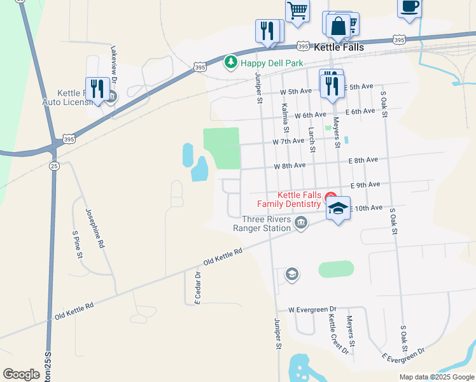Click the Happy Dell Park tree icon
coord(230,62)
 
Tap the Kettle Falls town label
coord(339,48)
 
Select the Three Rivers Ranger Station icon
coord(301,222)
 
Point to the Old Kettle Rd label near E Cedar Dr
coord(223,257)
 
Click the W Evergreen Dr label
coord(312,309)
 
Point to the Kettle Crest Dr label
coord(338,333)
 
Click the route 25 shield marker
coord(54,166)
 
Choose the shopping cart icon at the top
coord(297,11)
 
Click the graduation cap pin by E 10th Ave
coord(339,208)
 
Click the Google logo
coord(21,374)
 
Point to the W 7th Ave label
coord(288,141)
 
